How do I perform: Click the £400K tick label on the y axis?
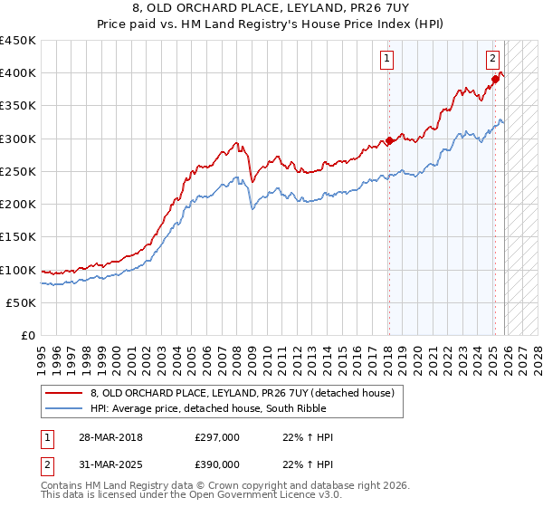18,73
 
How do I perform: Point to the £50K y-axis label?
21,302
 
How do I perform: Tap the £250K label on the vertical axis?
18,171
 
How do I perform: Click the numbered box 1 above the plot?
387,60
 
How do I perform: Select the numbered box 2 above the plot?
493,60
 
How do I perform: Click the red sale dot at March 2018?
389,140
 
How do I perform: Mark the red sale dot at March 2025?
495,80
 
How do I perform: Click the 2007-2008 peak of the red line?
236,142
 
